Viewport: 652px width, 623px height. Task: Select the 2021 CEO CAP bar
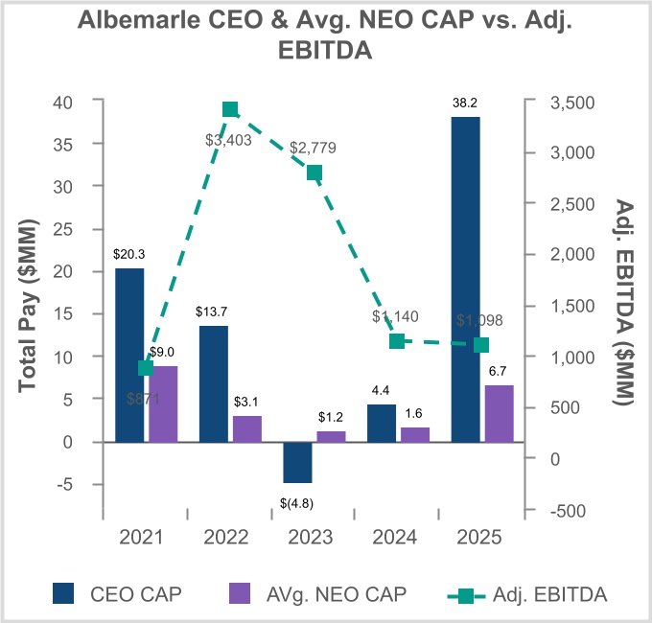pos(129,355)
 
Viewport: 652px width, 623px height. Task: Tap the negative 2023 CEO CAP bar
pos(298,462)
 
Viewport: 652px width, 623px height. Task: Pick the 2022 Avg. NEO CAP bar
pos(247,428)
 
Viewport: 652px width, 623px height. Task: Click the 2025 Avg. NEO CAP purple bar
pos(500,413)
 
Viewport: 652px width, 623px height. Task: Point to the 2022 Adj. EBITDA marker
pos(230,110)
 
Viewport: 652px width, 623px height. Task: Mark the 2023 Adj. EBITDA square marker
pos(314,173)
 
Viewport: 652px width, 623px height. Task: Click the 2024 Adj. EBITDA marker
pos(398,340)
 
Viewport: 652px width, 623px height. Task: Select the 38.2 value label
pos(466,103)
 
